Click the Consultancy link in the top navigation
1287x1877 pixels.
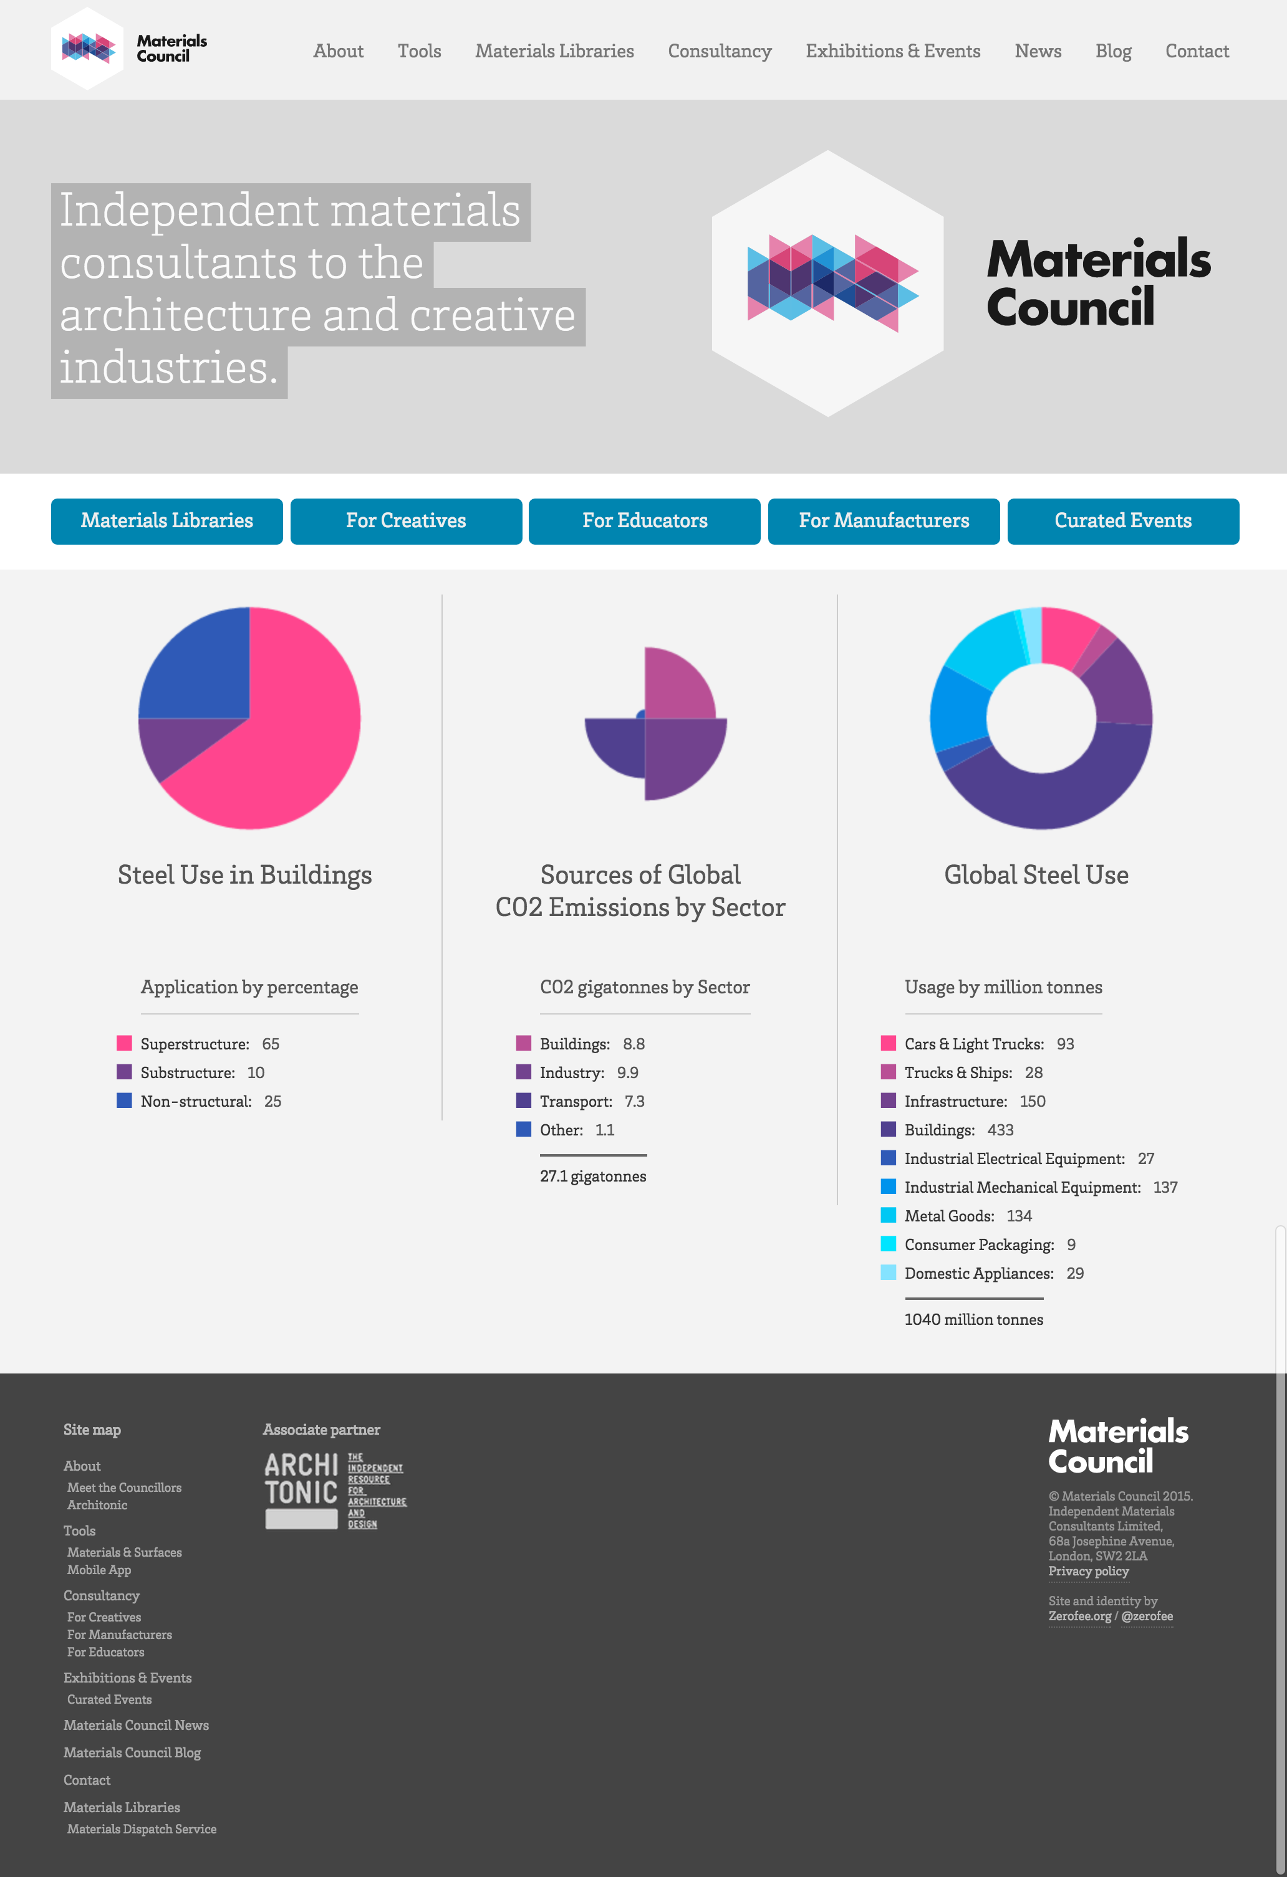719,51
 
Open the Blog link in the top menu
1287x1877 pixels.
1112,51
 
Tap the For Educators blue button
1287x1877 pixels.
644,521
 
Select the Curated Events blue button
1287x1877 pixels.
1122,521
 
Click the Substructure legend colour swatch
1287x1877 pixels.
123,1072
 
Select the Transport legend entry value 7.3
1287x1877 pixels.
634,1101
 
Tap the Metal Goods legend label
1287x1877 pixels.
948,1216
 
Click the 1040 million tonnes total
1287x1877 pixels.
973,1319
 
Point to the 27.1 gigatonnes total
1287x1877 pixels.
592,1176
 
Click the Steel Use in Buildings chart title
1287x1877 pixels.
245,875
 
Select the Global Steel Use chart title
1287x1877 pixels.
1036,875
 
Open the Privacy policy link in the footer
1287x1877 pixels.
1087,1571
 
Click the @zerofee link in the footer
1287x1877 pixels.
1147,1615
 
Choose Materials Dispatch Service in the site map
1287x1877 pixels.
142,1828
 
